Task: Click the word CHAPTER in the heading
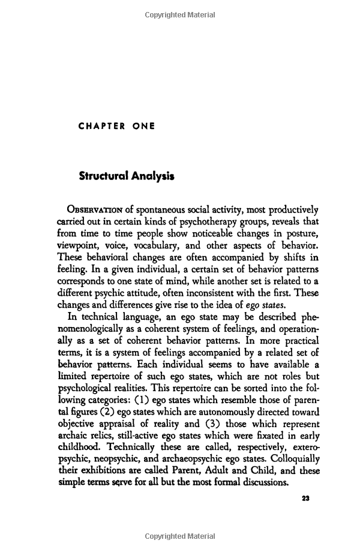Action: tap(102, 127)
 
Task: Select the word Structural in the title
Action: tap(106, 176)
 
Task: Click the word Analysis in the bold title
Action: tap(155, 176)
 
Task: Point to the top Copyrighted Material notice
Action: tap(179, 14)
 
